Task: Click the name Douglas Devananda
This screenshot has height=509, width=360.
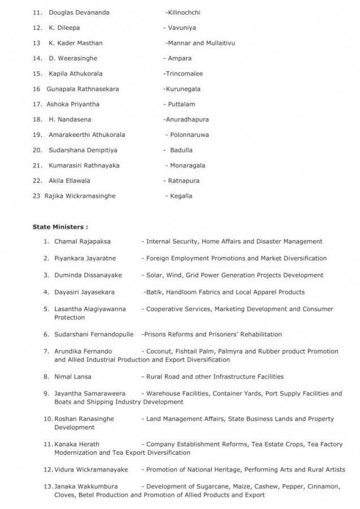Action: click(79, 12)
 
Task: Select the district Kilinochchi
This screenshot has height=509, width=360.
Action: click(185, 12)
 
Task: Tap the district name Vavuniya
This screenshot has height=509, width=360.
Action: click(182, 27)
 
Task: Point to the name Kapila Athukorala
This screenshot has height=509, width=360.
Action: click(76, 74)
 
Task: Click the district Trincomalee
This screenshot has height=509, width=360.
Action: click(184, 74)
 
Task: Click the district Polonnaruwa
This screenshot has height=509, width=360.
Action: click(189, 135)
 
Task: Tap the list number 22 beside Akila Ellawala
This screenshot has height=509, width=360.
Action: click(37, 180)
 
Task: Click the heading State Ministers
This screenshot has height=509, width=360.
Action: click(60, 227)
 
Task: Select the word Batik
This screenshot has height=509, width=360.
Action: click(154, 292)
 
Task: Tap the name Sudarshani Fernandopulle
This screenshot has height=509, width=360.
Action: click(94, 334)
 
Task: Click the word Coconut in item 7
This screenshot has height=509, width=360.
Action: click(159, 351)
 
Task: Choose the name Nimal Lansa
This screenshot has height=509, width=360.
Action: click(72, 376)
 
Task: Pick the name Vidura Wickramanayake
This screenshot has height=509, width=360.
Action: click(91, 469)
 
